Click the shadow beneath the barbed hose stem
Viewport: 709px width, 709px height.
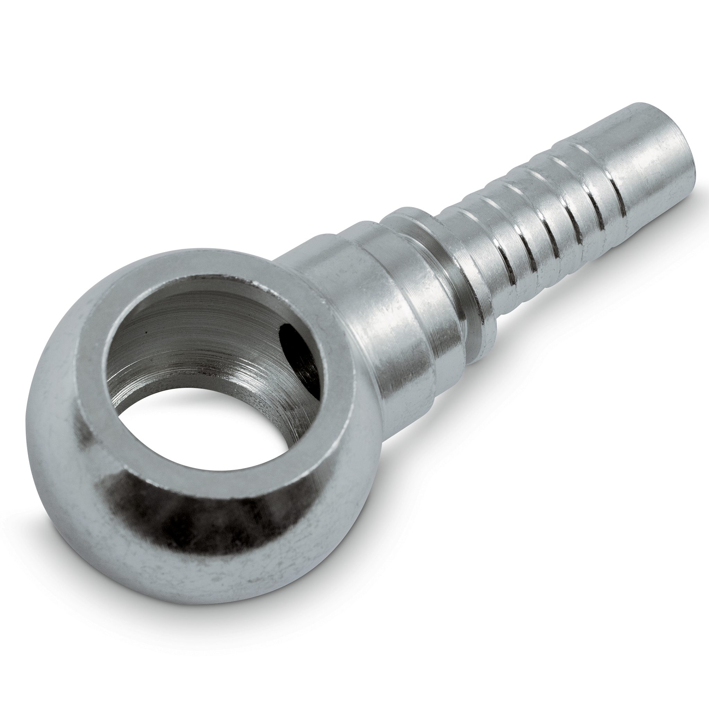[550, 330]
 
